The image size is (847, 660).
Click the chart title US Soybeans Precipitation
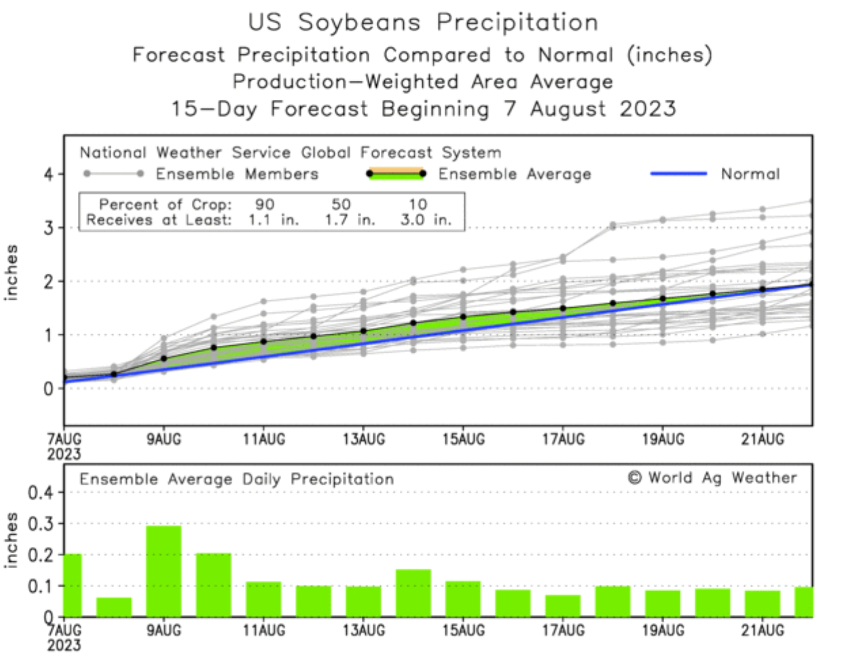point(423,23)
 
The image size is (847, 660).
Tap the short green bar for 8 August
point(114,607)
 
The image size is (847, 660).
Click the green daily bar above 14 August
point(413,593)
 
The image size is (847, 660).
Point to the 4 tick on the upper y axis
point(48,174)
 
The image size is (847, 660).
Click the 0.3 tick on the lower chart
point(40,524)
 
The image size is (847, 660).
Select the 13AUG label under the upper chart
point(363,439)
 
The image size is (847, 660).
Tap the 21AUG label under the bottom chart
point(762,630)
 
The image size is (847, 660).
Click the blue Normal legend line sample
point(678,173)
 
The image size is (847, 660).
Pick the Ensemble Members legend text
point(237,174)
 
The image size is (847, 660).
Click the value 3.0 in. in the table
point(426,220)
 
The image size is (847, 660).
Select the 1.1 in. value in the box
point(273,220)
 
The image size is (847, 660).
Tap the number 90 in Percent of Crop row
point(265,204)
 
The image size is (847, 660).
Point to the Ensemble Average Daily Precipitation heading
point(237,479)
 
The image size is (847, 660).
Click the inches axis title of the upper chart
point(12,273)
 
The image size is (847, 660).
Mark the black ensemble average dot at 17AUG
point(563,308)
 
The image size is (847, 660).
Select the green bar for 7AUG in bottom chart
point(73,586)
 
